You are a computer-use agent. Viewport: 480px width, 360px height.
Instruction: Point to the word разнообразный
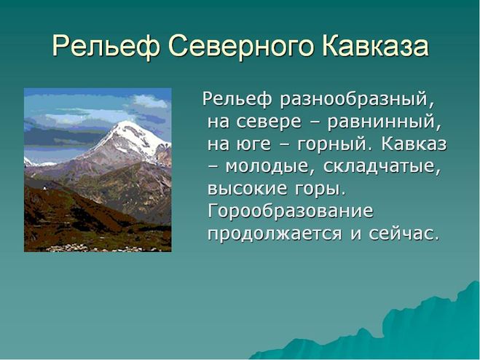357,100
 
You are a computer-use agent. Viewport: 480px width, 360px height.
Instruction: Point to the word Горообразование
291,212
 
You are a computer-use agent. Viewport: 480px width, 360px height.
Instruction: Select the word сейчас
401,234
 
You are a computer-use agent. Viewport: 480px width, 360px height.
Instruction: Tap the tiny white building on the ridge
45,188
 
